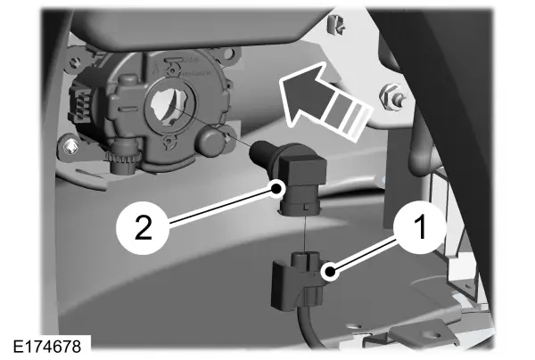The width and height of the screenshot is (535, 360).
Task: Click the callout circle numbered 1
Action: point(420,226)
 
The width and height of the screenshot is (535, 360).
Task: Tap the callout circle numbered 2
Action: point(143,226)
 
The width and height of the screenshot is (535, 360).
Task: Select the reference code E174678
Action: point(47,347)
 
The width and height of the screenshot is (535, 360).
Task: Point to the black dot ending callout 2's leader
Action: point(276,188)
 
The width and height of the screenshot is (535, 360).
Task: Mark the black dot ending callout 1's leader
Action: point(330,272)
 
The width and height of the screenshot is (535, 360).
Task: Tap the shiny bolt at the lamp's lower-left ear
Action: point(70,147)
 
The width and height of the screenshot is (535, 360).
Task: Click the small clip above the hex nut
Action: point(335,25)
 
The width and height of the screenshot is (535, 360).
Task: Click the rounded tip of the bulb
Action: point(260,151)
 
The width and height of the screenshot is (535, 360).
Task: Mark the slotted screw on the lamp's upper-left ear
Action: point(73,62)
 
